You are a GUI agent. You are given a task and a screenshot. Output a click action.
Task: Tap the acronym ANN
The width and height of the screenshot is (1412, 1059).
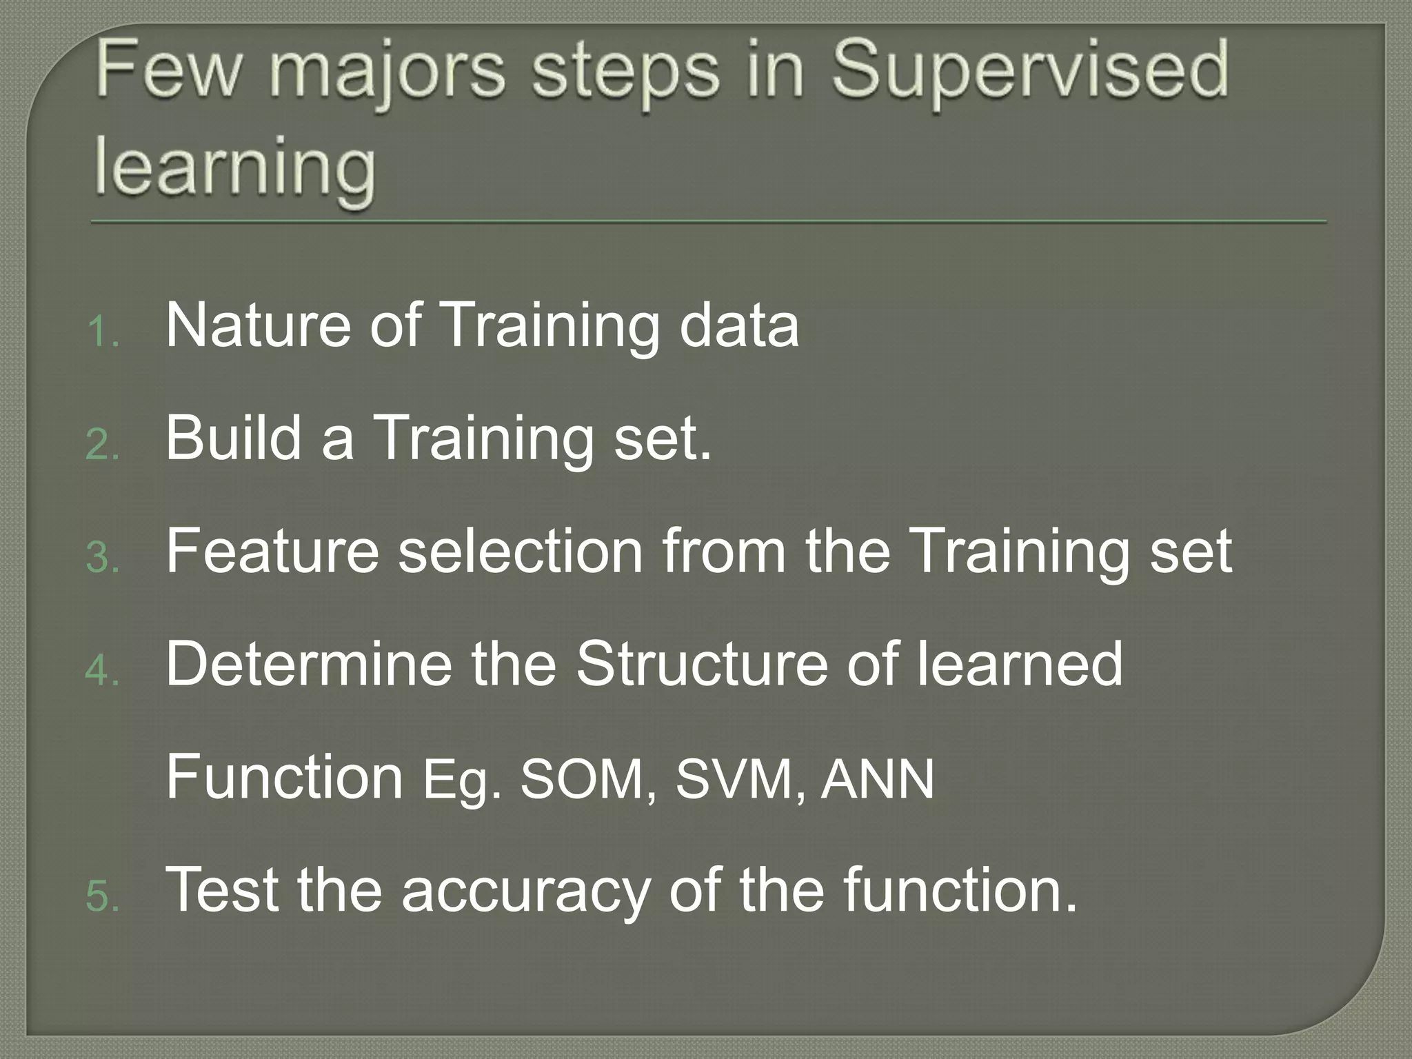(877, 779)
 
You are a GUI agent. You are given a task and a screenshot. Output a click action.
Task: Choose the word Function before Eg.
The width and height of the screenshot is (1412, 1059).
(284, 777)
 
